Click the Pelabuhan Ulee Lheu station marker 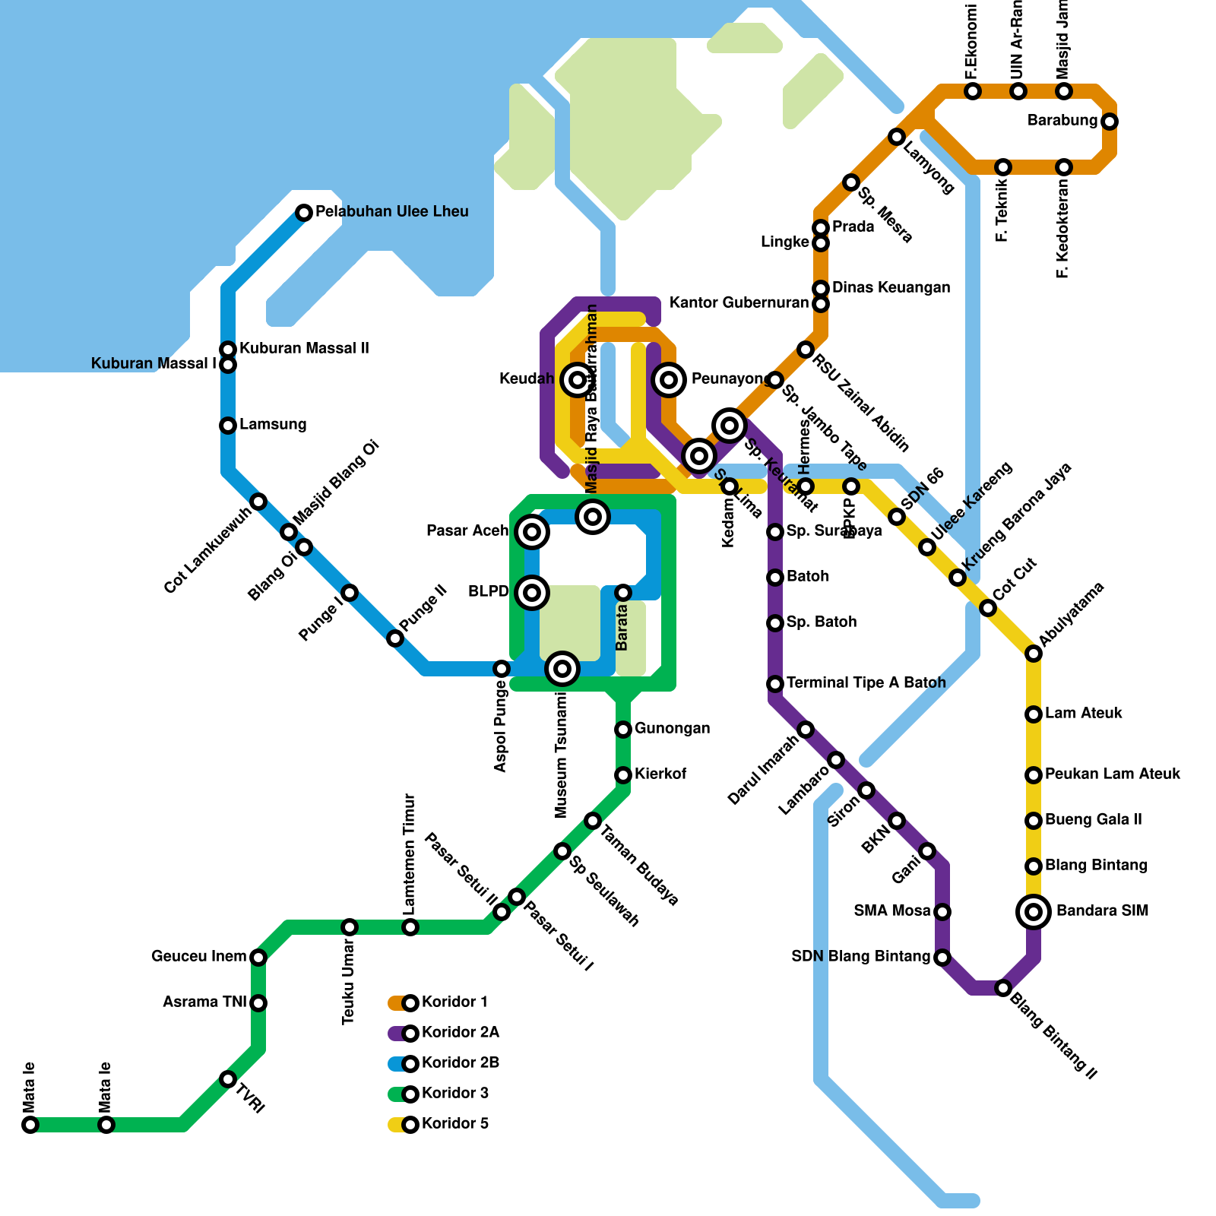304,213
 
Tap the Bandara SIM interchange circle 1034,911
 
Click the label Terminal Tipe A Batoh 866,682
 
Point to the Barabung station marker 1110,122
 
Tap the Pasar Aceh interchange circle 532,532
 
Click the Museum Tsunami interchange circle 562,669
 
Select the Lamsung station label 273,424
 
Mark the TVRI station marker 228,1079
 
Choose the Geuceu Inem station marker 258,958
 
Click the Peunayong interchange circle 669,379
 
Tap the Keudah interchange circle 578,379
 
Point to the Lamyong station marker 897,137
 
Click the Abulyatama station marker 1034,654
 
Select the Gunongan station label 672,728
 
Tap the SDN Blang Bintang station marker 942,958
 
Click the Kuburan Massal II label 304,348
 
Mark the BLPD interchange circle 532,592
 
